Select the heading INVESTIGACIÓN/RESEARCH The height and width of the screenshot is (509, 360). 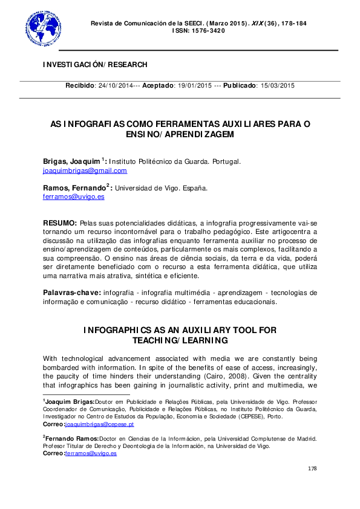click(95, 65)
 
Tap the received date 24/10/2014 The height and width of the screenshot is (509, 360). click(116, 86)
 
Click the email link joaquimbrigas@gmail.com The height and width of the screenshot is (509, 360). click(85, 170)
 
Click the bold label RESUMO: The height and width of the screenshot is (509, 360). click(60, 223)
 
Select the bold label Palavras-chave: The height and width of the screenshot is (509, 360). click(71, 293)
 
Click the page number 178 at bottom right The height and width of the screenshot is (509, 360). click(312, 468)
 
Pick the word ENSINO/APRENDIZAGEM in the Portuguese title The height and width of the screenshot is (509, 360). click(180, 134)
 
